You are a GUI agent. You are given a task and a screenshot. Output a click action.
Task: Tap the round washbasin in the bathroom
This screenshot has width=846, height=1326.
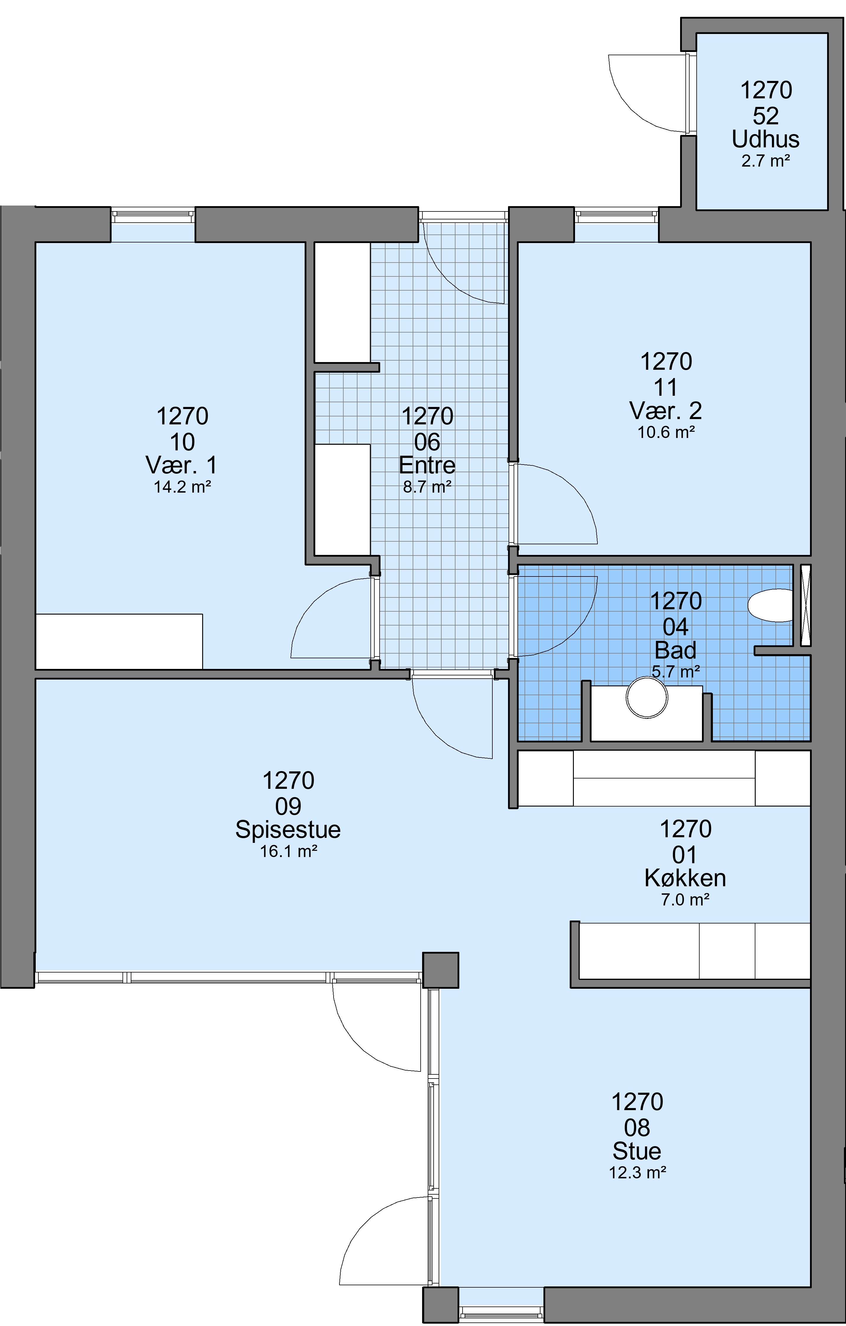click(x=647, y=697)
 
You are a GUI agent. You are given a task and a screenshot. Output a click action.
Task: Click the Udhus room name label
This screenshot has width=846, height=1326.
click(x=766, y=139)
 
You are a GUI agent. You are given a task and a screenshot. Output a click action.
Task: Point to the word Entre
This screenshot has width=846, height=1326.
click(x=427, y=465)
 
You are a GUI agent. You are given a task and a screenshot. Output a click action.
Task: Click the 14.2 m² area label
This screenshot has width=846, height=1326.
click(x=182, y=487)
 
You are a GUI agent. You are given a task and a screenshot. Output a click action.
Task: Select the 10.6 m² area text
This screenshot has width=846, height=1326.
click(x=666, y=432)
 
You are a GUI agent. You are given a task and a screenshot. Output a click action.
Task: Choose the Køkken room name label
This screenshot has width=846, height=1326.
click(x=685, y=878)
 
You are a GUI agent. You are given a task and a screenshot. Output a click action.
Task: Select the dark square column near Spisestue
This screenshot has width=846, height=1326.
click(x=440, y=970)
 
